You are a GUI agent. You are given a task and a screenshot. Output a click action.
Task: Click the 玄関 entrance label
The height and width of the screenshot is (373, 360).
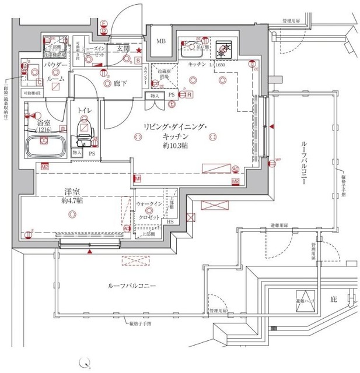point(123,48)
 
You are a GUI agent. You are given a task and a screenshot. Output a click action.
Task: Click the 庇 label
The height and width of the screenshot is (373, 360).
point(334,299)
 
